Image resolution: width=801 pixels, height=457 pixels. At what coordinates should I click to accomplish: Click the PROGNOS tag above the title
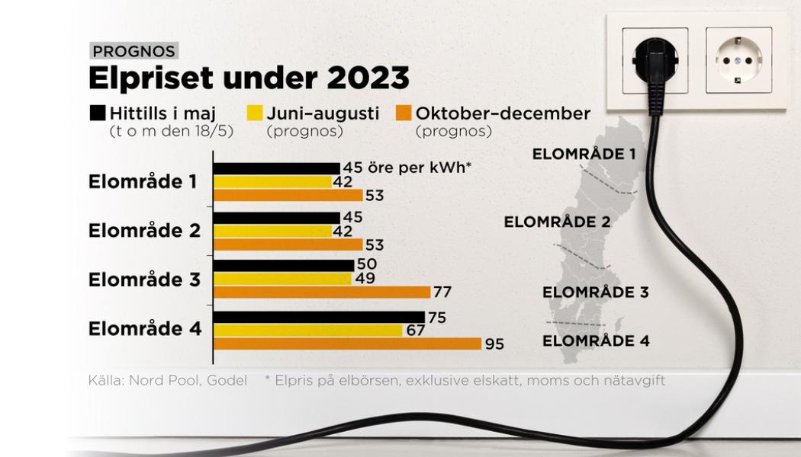[133, 52]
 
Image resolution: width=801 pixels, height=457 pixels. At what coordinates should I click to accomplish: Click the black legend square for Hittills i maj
[97, 113]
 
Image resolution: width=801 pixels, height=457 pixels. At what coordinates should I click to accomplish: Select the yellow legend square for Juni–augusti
[254, 113]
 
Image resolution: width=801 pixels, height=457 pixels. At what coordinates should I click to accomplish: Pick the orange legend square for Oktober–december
[403, 113]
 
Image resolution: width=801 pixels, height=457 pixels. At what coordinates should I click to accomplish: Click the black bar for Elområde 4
[319, 317]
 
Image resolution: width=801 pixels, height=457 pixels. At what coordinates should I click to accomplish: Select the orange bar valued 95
[347, 344]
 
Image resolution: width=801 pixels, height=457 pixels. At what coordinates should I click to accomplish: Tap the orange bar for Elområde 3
[322, 292]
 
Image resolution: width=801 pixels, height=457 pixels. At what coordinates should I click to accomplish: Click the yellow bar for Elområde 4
[307, 331]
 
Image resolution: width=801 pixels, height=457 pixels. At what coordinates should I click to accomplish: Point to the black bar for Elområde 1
[276, 168]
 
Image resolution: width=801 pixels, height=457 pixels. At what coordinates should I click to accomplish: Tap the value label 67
[416, 331]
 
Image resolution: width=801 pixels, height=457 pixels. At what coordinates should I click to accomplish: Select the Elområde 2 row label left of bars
[144, 231]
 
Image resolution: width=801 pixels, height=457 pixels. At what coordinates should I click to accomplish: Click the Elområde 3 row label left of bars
[144, 280]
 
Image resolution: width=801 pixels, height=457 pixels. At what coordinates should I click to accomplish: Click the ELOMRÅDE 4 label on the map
[596, 340]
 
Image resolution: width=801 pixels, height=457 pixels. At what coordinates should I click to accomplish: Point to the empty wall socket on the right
[738, 60]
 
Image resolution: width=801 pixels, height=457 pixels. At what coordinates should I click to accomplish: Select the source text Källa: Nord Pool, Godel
[168, 379]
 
